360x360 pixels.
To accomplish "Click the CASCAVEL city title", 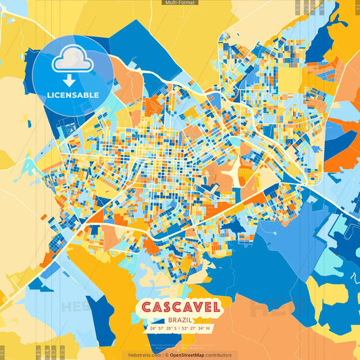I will pos(180,307).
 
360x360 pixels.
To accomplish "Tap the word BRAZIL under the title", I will pos(180,318).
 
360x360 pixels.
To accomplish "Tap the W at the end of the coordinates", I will pos(209,328).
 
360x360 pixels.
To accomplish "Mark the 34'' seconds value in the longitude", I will pos(201,328).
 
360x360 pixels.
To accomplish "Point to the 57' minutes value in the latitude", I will pos(162,328).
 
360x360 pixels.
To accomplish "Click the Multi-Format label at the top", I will pos(180,3).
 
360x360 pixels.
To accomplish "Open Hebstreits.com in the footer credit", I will pos(145,355).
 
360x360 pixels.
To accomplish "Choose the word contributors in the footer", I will pos(219,355).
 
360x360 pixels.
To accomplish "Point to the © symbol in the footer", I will pos(166,355).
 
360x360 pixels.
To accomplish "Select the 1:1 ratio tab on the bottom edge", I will pos(3,352).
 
